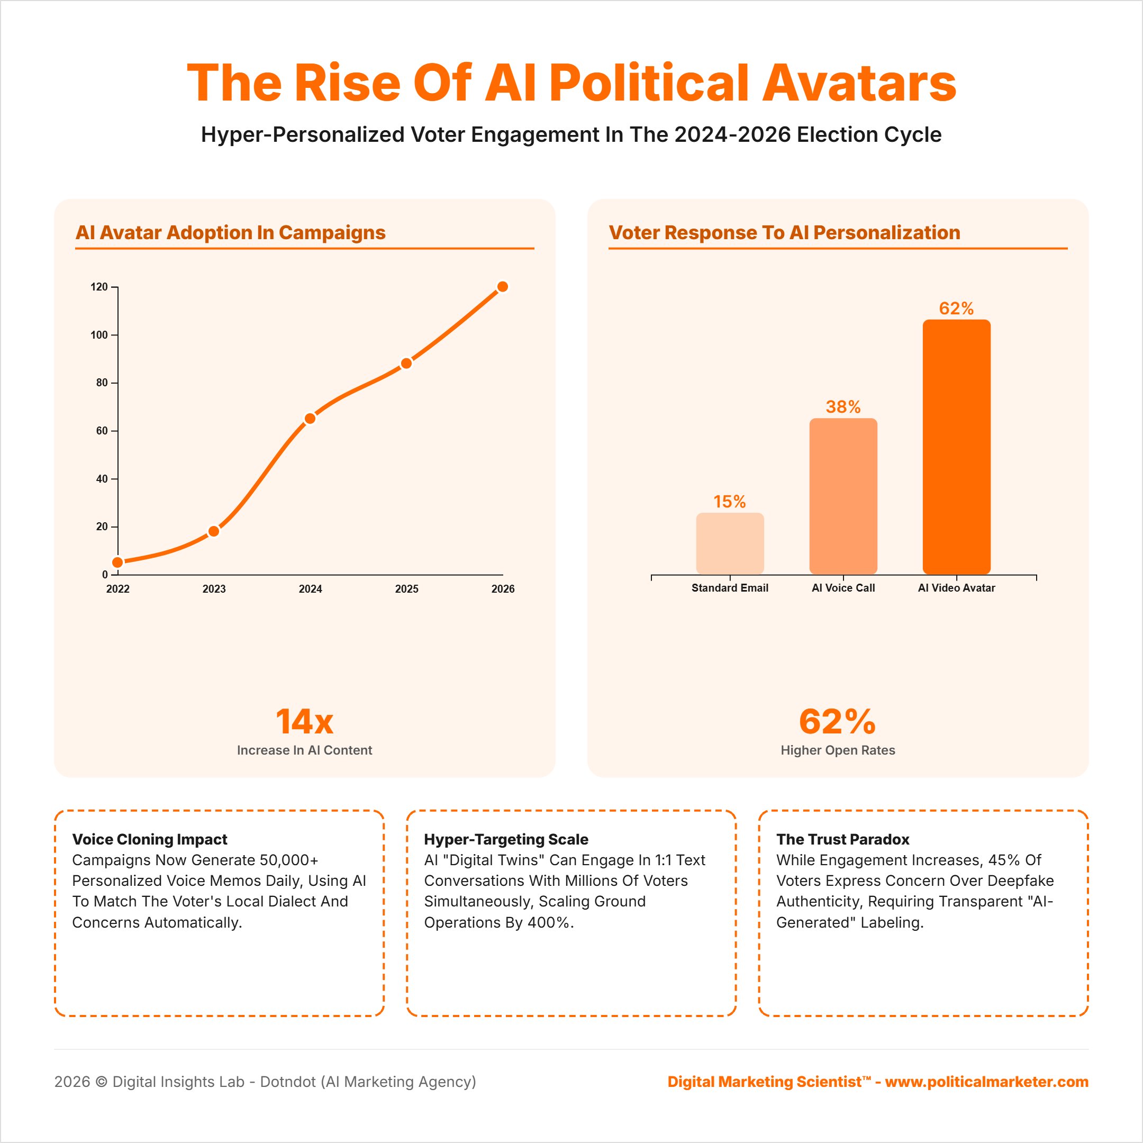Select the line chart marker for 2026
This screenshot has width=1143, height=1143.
[503, 287]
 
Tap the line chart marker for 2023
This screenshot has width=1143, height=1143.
[214, 531]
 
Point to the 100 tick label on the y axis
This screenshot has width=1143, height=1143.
[99, 335]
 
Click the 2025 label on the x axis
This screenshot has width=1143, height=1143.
[406, 588]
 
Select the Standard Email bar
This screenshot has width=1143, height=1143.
[730, 543]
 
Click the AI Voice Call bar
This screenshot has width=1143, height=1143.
[843, 496]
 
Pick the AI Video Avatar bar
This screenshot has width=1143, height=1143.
[956, 447]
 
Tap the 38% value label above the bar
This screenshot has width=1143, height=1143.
[843, 407]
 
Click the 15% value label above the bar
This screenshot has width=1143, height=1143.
[730, 502]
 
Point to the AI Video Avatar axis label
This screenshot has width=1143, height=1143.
[956, 588]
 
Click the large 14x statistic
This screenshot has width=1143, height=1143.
[305, 722]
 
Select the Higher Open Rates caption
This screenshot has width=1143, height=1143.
[838, 750]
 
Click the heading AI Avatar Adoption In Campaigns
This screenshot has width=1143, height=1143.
[231, 232]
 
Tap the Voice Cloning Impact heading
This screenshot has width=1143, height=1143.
[150, 839]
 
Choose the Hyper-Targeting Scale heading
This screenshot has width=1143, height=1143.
[506, 839]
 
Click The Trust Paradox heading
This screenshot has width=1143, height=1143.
[842, 839]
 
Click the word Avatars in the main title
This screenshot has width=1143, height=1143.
[859, 83]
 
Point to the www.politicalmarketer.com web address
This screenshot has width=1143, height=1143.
[986, 1082]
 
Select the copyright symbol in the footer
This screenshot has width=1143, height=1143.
[101, 1082]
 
